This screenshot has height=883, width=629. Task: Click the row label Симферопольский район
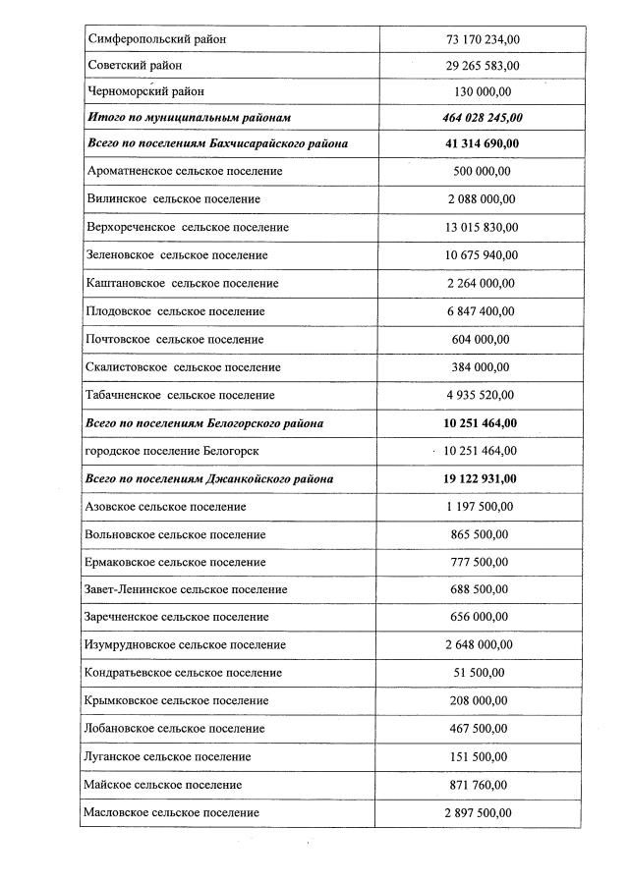tap(157, 38)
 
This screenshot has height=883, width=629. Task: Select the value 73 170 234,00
tap(483, 38)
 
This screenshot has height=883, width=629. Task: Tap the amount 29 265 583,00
tap(483, 66)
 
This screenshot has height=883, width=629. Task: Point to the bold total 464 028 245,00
tap(483, 117)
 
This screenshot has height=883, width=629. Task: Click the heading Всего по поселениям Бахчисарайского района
tap(217, 143)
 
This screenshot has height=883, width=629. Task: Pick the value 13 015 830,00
tap(482, 227)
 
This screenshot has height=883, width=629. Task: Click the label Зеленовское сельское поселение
tap(178, 254)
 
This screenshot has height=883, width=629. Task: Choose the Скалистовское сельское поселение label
tap(184, 367)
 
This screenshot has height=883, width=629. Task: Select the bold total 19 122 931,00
tap(482, 478)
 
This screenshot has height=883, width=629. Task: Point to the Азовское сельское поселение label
tap(166, 507)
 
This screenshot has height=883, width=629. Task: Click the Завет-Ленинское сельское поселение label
tap(188, 589)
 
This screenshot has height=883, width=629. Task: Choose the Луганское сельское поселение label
tap(169, 756)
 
